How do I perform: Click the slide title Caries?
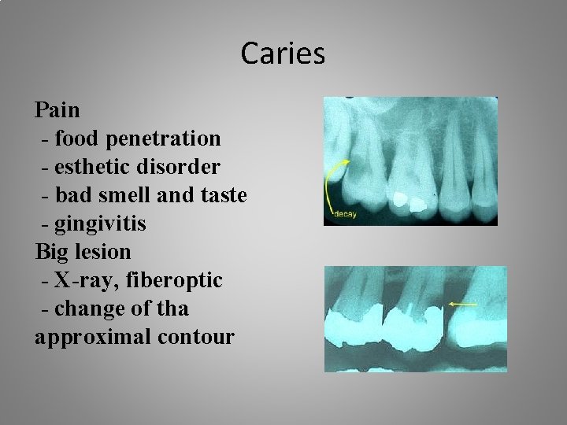tap(283, 54)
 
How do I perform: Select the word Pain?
tap(57, 109)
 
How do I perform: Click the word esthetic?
tap(88, 167)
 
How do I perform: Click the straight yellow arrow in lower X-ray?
tap(462, 303)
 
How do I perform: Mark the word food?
tap(77, 139)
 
